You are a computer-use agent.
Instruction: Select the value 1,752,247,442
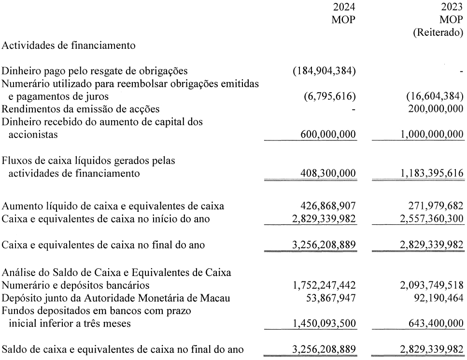coord(322,285)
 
